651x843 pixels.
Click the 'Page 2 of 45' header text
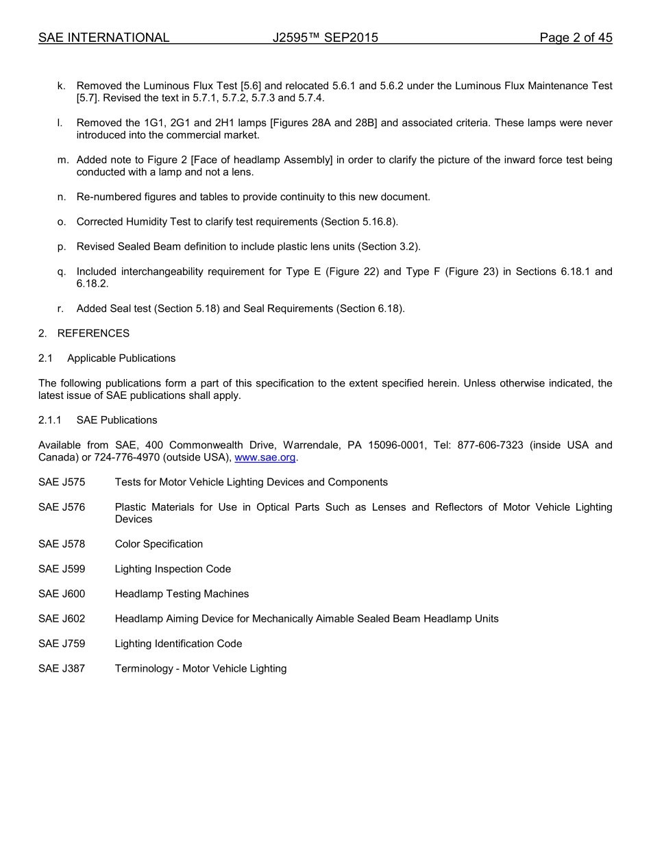coord(576,38)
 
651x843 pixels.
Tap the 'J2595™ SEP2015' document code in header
coord(325,38)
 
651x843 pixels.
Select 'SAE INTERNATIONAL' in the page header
coord(103,38)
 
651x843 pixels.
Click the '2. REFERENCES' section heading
coord(84,334)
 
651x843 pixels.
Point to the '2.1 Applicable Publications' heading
coord(107,358)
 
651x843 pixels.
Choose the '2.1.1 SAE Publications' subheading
coord(97,420)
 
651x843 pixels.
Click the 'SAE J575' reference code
coord(62,482)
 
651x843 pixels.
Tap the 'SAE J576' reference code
coord(62,507)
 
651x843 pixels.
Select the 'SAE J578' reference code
coord(62,544)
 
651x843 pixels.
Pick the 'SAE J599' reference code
coord(62,570)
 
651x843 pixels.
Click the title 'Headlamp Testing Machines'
coord(182,594)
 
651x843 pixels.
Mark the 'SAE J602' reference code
coord(62,619)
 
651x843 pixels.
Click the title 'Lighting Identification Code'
coord(178,644)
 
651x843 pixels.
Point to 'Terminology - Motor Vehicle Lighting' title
coord(200,669)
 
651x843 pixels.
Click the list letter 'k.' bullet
coord(62,86)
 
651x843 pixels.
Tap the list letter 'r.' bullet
coord(61,309)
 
